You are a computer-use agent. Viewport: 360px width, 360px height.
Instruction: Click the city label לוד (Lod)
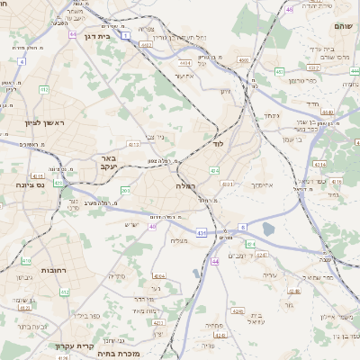pyautogui.click(x=218, y=143)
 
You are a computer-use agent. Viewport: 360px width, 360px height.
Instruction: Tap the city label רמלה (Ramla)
pyautogui.click(x=186, y=185)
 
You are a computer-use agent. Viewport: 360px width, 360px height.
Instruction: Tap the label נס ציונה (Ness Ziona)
pyautogui.click(x=31, y=185)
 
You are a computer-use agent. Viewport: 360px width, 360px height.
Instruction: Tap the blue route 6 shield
pyautogui.click(x=242, y=227)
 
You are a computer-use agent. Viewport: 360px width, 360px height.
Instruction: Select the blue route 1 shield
pyautogui.click(x=127, y=35)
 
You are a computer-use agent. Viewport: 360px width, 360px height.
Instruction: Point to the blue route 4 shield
pyautogui.click(x=20, y=62)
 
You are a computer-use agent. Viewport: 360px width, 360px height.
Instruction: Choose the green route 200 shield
pyautogui.click(x=124, y=191)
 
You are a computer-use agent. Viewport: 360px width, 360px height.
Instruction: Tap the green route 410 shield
pyautogui.click(x=25, y=260)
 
